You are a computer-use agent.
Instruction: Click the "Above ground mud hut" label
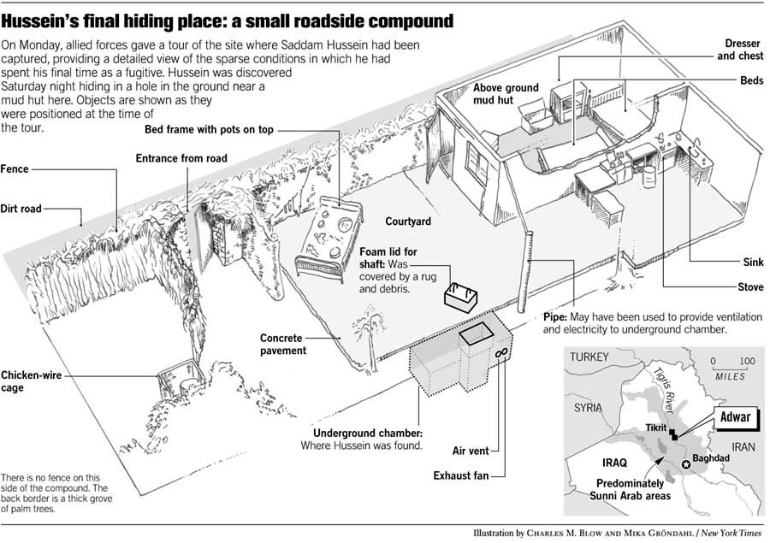506,94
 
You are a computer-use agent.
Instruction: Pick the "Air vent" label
470,449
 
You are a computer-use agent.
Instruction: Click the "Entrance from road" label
181,158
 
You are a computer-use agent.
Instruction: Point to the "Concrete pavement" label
283,345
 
